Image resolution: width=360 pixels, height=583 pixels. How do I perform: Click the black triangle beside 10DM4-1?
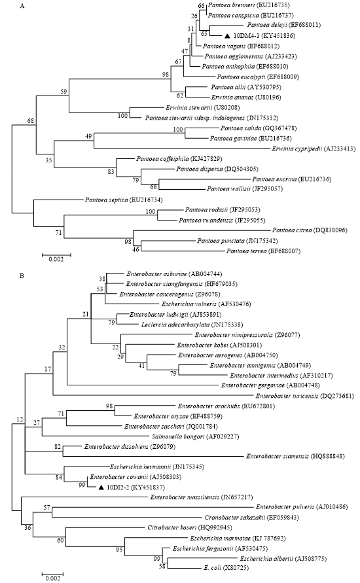[227, 36]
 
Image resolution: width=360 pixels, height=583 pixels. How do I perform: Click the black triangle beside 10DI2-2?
[101, 487]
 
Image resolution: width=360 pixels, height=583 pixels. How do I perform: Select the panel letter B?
[21, 276]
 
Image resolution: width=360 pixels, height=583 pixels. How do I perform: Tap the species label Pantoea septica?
[106, 200]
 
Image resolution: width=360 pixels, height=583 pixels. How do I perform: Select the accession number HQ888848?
[328, 456]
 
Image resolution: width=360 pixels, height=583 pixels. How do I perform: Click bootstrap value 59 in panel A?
[63, 92]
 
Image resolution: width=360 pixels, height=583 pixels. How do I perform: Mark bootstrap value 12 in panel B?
[20, 420]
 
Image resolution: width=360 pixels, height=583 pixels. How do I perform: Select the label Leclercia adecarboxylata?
[175, 325]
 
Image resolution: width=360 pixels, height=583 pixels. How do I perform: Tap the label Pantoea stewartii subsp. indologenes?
[195, 118]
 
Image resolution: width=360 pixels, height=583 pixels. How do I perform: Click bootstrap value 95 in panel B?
[119, 550]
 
